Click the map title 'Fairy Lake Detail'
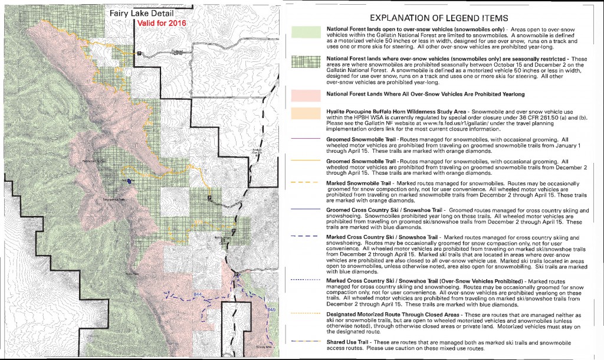(x=137, y=12)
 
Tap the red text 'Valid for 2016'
(x=161, y=23)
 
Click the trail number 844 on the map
(x=197, y=293)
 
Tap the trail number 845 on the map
(x=271, y=309)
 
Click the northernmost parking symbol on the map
(x=139, y=54)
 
